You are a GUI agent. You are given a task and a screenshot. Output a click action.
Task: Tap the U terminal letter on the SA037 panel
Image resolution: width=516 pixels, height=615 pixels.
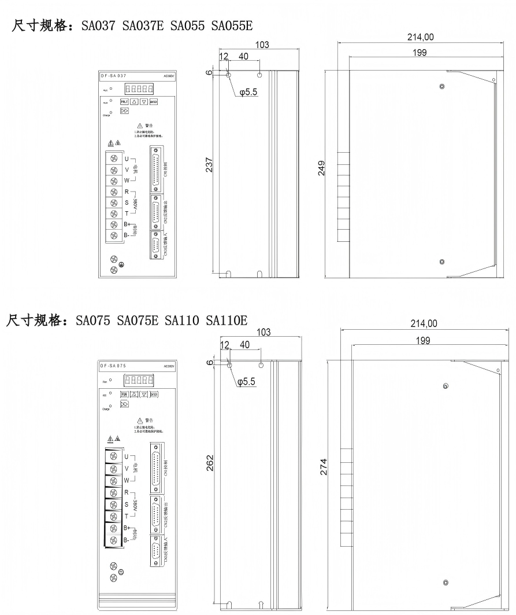(x=127, y=158)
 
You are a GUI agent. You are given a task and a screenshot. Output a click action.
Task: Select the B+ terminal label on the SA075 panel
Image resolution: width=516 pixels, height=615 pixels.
(x=128, y=528)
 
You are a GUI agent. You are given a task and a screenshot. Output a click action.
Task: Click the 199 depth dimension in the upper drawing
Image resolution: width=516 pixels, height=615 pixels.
(x=420, y=53)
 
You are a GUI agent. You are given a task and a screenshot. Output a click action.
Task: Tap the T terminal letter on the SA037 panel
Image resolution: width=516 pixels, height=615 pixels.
(x=127, y=213)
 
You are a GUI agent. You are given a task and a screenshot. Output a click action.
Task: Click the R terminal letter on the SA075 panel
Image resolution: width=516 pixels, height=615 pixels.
(x=127, y=492)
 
